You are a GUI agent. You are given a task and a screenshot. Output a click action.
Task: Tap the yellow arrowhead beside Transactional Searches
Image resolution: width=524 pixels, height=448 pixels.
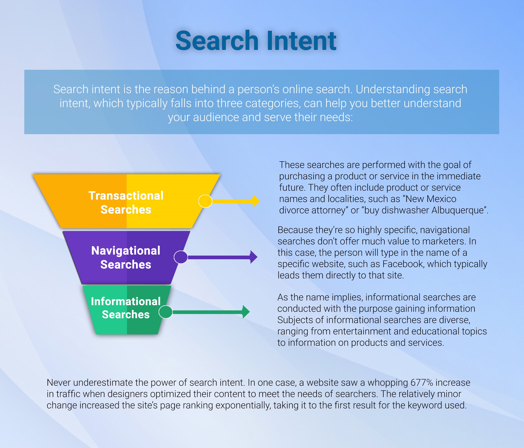click(x=256, y=201)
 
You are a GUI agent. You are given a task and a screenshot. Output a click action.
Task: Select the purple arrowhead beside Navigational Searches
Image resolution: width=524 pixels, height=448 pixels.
click(x=254, y=257)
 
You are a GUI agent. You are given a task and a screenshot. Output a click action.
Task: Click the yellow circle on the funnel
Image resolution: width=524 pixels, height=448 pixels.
click(x=205, y=201)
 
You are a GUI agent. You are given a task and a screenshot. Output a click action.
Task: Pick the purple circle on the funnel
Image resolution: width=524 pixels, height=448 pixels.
click(x=181, y=257)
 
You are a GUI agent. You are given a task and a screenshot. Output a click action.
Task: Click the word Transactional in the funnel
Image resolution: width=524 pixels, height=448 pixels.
click(x=126, y=195)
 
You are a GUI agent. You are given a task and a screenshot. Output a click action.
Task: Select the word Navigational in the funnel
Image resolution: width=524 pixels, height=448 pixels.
click(x=126, y=251)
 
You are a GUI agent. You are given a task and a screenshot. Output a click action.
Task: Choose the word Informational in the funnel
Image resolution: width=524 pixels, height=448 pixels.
click(x=126, y=301)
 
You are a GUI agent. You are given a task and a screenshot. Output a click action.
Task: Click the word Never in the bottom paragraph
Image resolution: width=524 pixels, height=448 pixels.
click(x=59, y=383)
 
